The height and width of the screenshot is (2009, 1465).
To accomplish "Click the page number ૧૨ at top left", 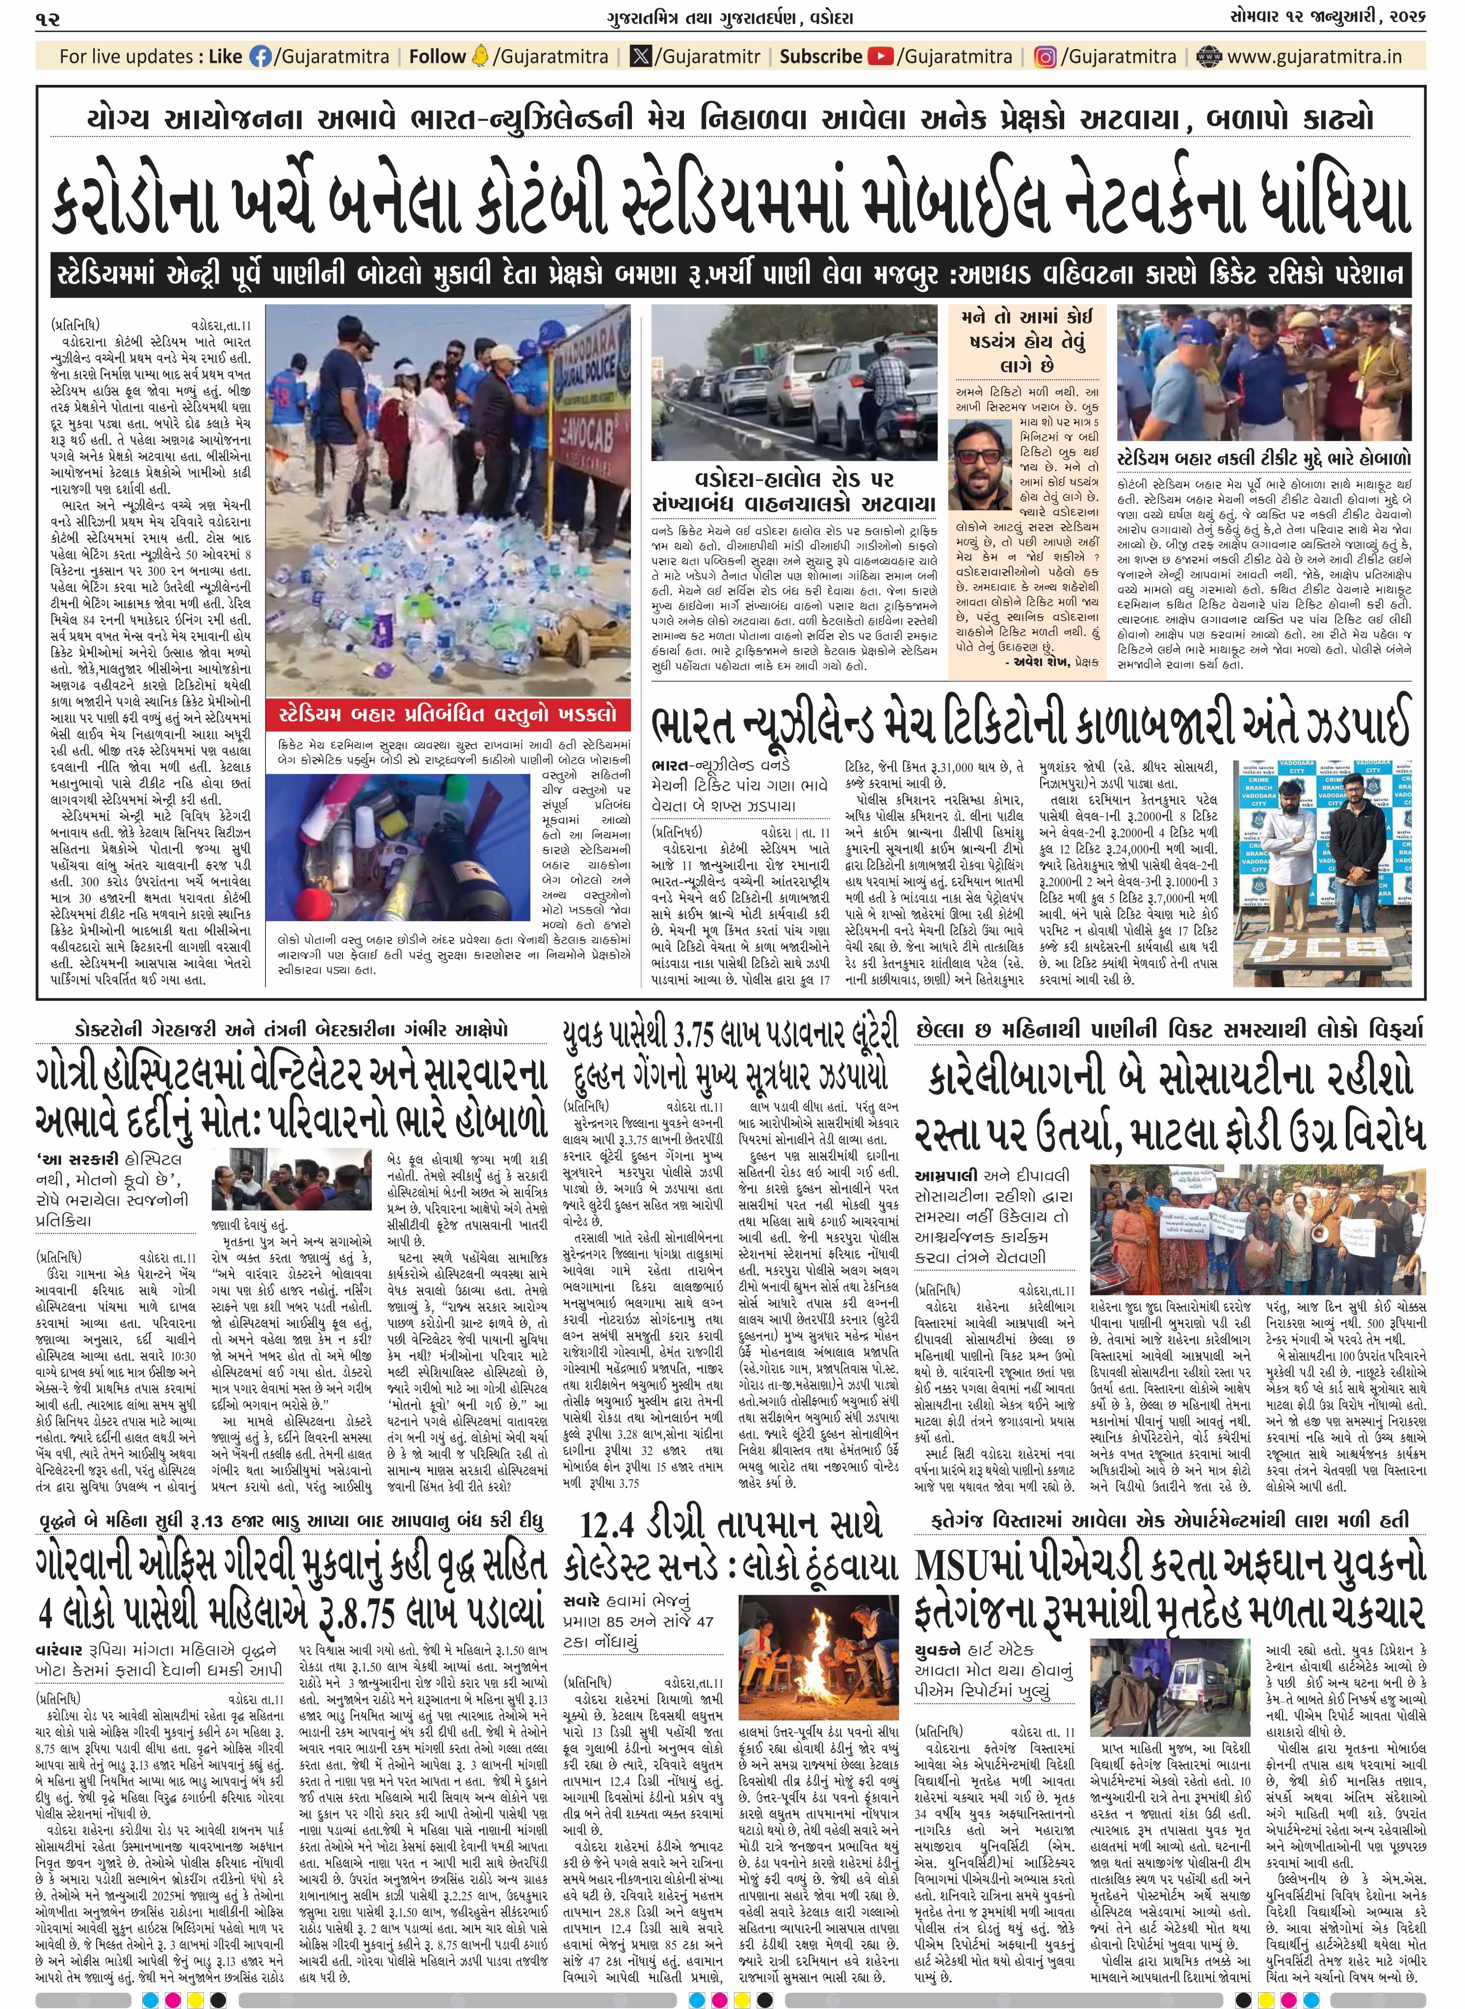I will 48,18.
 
